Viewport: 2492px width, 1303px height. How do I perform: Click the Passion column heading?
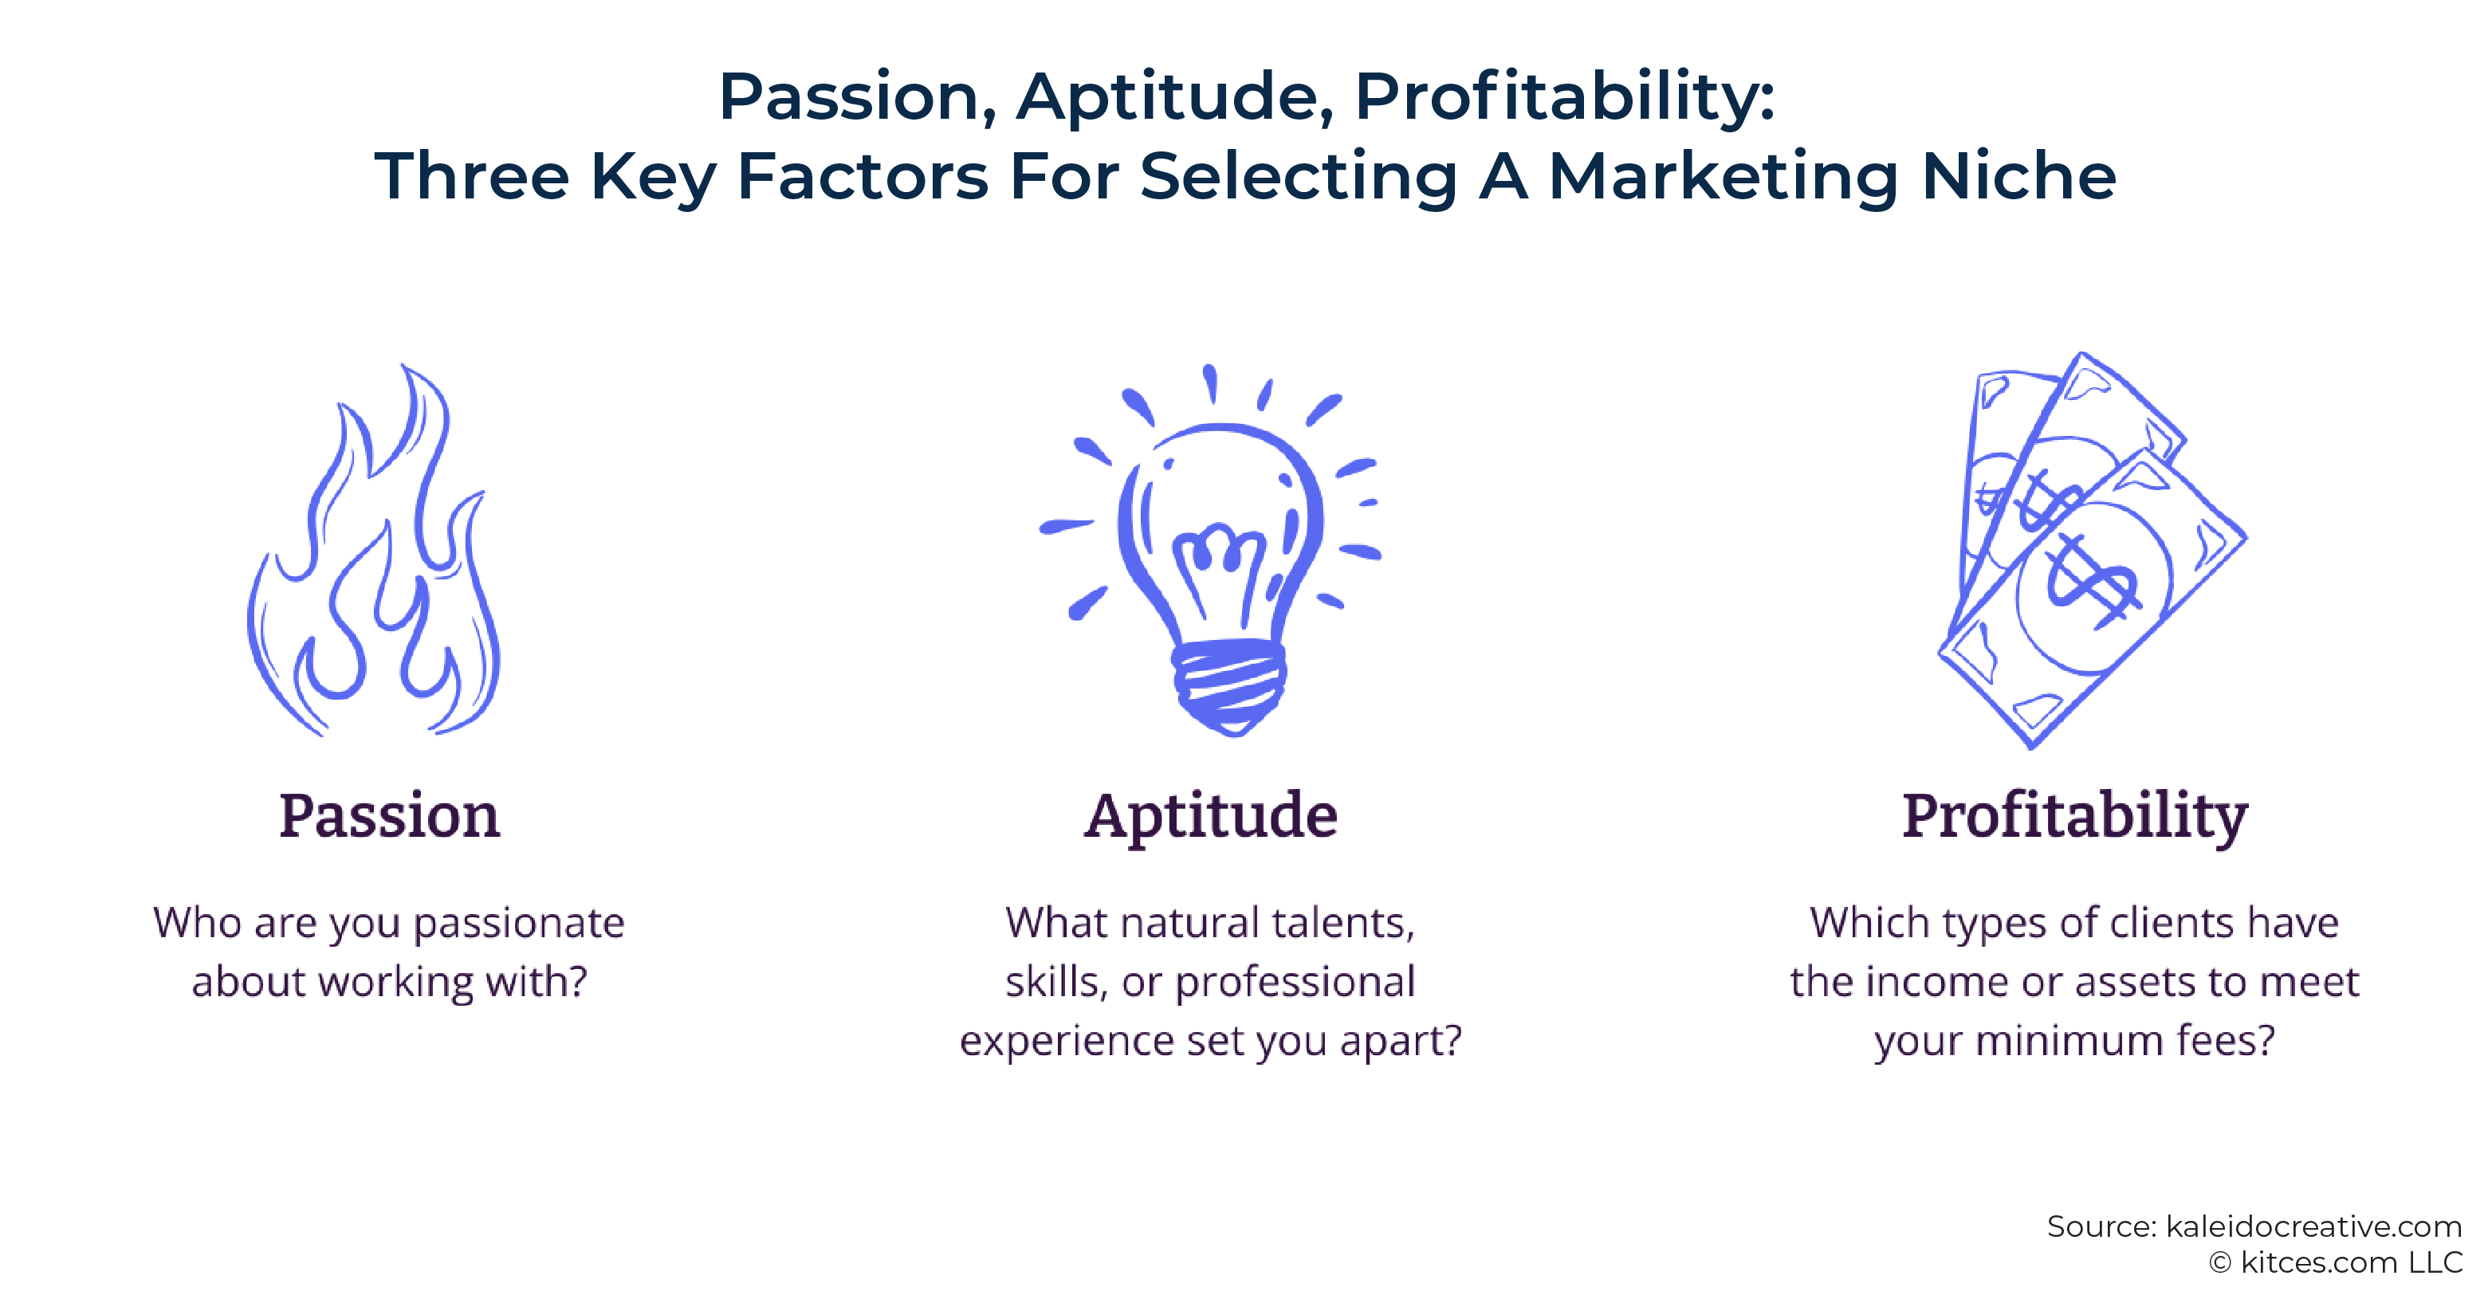click(390, 815)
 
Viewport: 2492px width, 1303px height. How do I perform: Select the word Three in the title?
click(472, 176)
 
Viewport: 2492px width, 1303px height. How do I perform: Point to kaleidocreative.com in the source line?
click(2313, 1226)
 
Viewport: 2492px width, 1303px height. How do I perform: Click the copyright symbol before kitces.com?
click(2220, 1262)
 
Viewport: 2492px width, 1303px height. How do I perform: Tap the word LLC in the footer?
click(2434, 1262)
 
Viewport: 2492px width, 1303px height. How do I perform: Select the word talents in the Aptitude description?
click(1344, 924)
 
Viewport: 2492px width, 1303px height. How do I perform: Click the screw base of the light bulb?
click(1228, 685)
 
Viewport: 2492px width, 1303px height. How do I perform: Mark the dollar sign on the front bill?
click(2093, 580)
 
